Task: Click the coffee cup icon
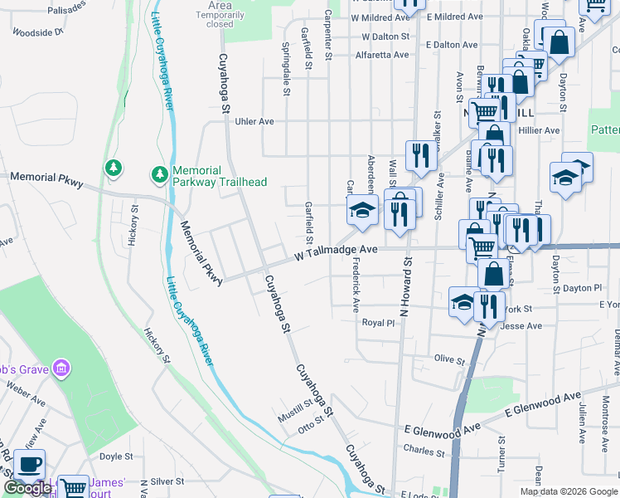click(30, 465)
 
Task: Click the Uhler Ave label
click(254, 121)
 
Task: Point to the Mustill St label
click(295, 411)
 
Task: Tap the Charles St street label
click(424, 452)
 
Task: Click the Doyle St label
click(116, 456)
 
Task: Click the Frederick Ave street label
click(355, 284)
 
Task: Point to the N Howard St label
click(405, 287)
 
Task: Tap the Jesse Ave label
click(521, 326)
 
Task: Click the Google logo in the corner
click(27, 489)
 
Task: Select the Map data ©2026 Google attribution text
click(568, 491)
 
